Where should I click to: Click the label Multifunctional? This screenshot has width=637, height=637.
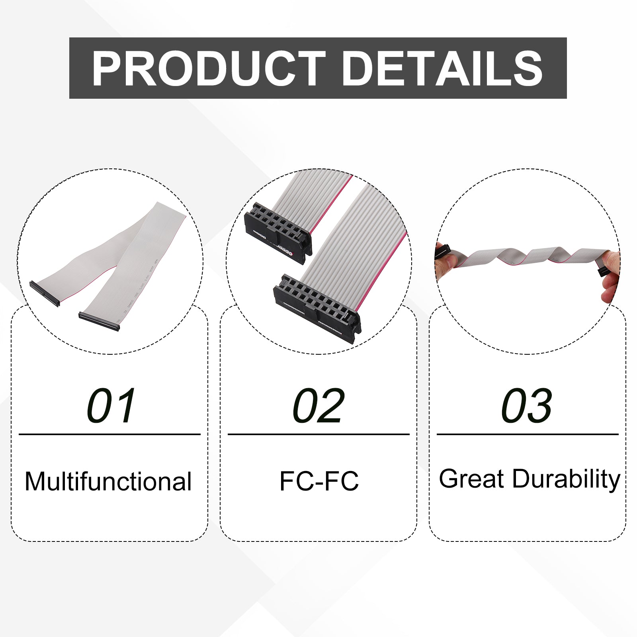click(108, 481)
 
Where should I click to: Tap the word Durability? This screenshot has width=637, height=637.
click(566, 479)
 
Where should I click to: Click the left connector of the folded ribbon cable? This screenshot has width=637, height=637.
click(45, 293)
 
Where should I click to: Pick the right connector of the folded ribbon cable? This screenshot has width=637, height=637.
click(99, 321)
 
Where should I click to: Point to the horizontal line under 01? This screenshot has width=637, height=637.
click(109, 434)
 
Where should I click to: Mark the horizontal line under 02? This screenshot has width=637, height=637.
click(318, 434)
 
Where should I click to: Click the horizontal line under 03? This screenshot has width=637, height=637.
click(528, 434)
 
